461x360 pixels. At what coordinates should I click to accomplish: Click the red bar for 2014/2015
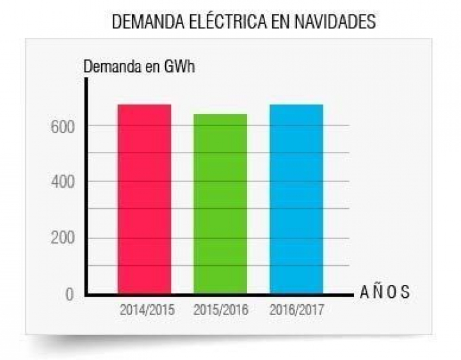144,199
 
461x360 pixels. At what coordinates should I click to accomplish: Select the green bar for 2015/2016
220,204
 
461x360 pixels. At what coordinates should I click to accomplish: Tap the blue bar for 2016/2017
296,199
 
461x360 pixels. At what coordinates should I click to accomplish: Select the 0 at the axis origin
70,295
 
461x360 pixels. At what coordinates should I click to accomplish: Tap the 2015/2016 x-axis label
221,310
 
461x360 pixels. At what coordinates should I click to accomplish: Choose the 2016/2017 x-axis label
296,310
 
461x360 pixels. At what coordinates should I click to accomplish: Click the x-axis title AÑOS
385,293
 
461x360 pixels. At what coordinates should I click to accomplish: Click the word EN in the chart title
273,21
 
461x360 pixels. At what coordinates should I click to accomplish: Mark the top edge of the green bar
220,115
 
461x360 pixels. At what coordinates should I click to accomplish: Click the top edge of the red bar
144,105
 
